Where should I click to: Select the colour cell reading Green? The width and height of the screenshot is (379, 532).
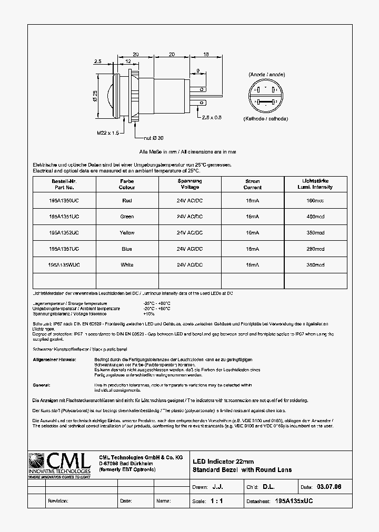[x=127, y=217]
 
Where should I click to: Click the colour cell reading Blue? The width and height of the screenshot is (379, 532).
[x=127, y=249]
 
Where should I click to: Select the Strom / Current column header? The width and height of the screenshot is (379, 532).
[x=253, y=184]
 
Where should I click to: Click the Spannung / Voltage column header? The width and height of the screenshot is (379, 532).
[x=189, y=184]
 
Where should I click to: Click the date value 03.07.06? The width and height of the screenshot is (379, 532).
[x=329, y=487]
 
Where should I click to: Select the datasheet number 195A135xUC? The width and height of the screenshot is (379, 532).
[x=294, y=502]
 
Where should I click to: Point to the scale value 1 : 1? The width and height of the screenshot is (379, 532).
[x=216, y=502]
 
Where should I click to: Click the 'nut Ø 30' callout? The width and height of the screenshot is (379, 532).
[x=153, y=138]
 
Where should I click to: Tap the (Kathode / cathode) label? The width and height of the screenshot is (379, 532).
[x=265, y=119]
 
